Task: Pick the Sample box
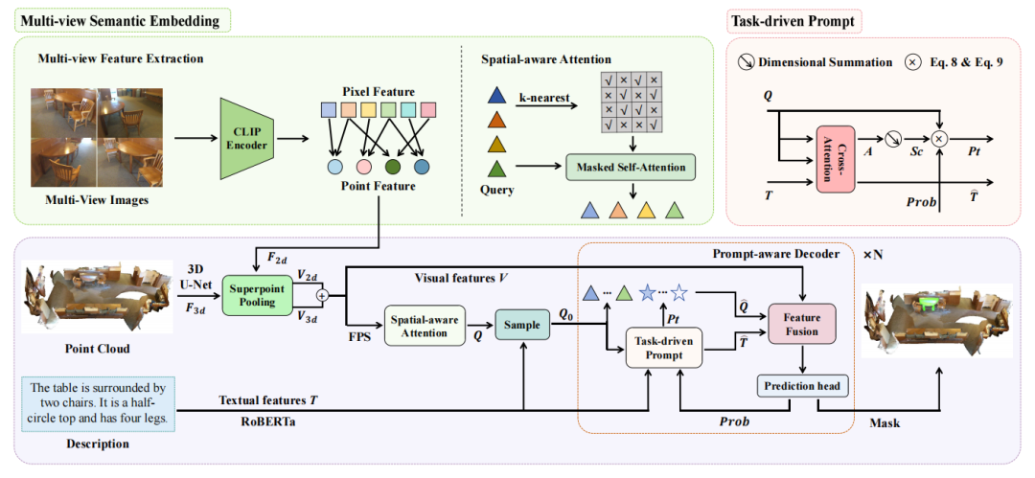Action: pos(523,326)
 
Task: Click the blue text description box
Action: pos(99,403)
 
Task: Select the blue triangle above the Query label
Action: pos(496,96)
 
